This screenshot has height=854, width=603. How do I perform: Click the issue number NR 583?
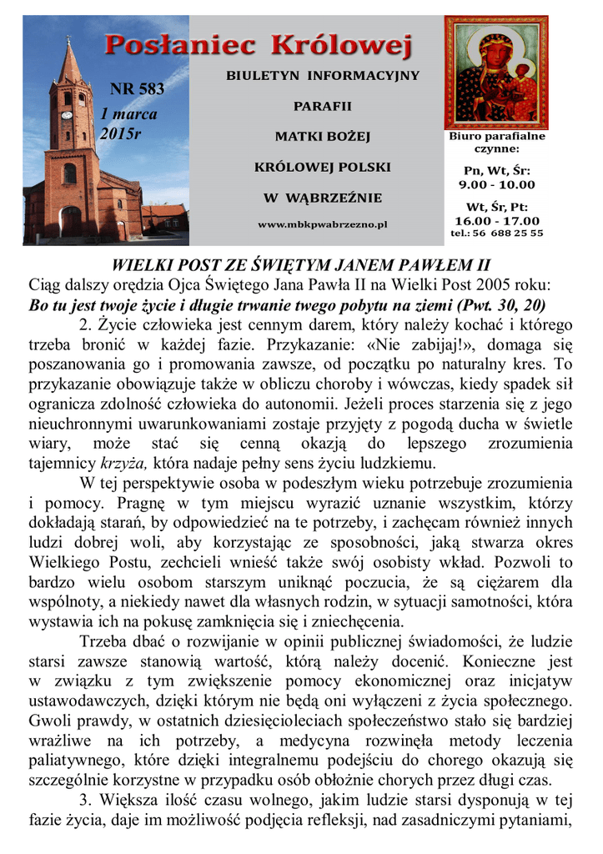(137, 90)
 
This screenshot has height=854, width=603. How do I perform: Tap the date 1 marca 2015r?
(128, 123)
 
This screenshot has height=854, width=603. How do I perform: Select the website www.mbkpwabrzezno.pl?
(323, 224)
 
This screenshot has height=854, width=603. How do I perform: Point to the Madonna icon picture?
(495, 72)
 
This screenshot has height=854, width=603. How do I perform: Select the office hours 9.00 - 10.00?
(497, 184)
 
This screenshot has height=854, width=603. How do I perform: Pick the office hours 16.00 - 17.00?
(497, 220)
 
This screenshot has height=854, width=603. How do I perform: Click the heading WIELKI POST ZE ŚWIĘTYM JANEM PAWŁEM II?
(301, 266)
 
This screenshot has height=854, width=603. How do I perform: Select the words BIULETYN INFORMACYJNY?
(323, 76)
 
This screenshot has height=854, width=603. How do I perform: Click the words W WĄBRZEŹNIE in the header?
(323, 198)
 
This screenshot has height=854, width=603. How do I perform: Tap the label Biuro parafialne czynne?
(497, 142)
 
